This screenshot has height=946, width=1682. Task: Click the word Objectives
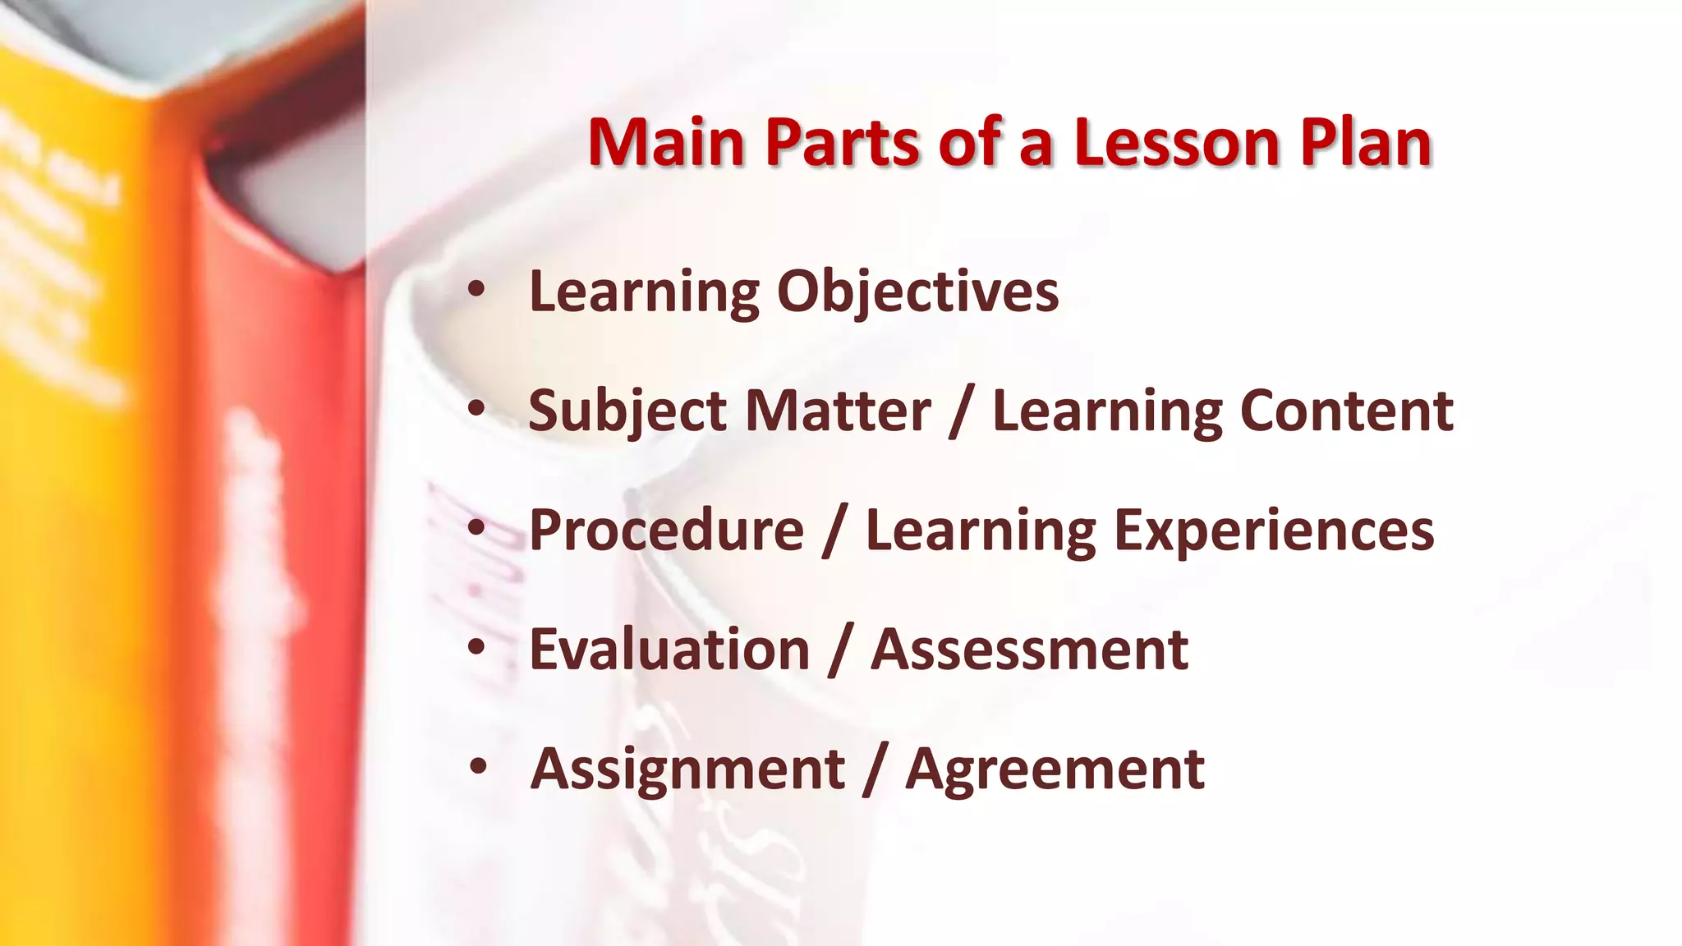[917, 292]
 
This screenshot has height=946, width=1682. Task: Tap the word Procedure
[666, 530]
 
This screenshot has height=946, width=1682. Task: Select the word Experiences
[1274, 532]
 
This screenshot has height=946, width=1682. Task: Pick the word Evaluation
[669, 650]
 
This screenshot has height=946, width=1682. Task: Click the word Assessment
[1029, 650]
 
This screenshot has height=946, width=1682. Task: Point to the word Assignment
[687, 770]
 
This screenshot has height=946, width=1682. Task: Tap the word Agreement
[1055, 770]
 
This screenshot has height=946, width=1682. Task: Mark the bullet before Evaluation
[476, 647]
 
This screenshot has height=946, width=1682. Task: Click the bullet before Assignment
[478, 767]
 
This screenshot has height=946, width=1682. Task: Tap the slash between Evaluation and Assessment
[840, 651]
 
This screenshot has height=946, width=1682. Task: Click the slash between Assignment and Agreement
[875, 770]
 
